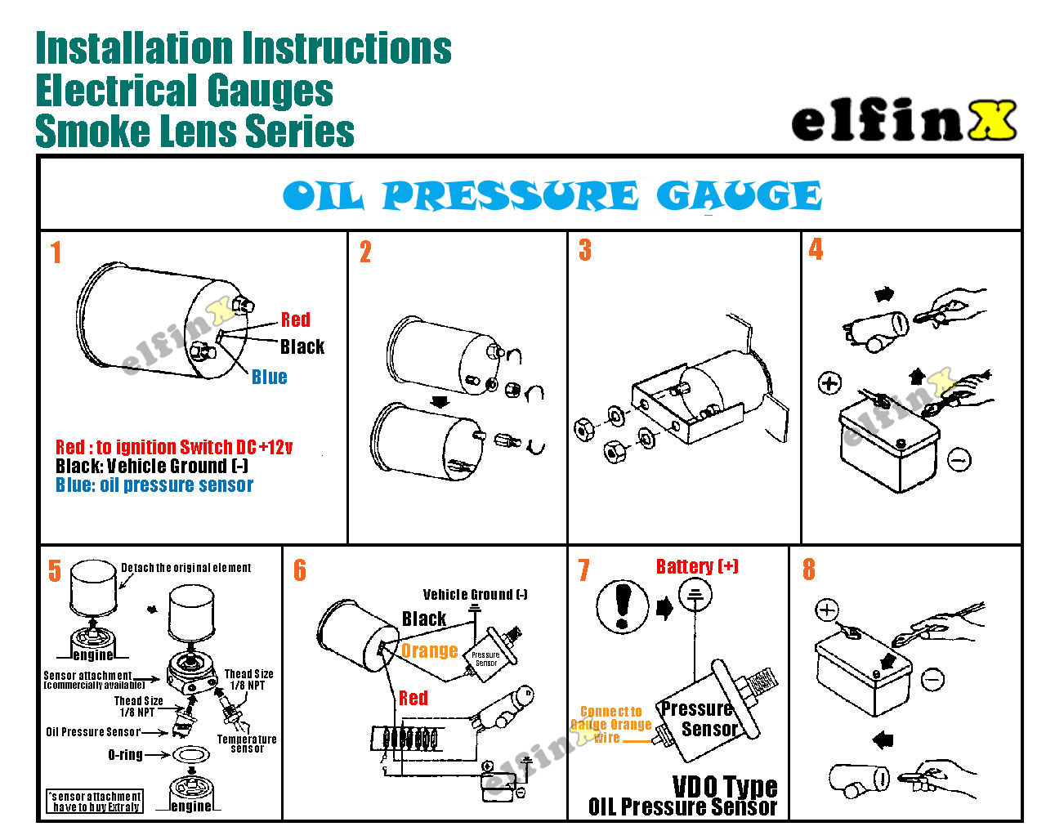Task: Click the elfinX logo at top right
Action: pos(903,122)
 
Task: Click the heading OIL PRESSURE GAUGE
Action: pos(552,196)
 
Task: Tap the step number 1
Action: pos(56,252)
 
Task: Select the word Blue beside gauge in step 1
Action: pos(269,377)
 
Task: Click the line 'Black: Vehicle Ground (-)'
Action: pos(152,467)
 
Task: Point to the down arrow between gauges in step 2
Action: pos(440,402)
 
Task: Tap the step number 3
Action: pos(584,250)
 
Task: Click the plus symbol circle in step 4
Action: pos(829,382)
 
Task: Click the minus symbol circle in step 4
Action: pos(959,460)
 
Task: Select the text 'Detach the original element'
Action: pos(186,568)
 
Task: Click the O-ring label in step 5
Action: pos(125,755)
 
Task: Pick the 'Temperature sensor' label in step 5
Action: pos(247,744)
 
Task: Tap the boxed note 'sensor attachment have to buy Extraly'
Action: pos(95,802)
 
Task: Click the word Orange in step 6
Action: pos(429,651)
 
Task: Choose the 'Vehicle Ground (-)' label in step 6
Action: pos(475,594)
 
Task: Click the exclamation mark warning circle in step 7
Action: pos(623,606)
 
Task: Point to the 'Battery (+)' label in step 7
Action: pos(697,566)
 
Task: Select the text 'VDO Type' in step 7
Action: pos(725,787)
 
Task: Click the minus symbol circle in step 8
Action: pos(933,678)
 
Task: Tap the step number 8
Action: pos(808,570)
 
